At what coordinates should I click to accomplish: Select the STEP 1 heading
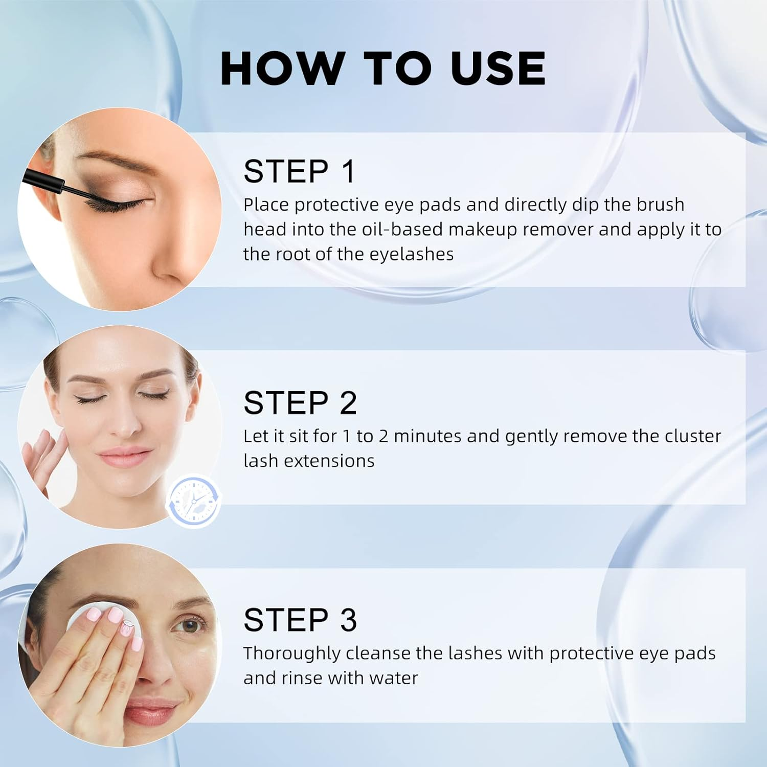click(299, 171)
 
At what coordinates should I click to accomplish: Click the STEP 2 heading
click(300, 403)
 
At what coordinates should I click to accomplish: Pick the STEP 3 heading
click(300, 620)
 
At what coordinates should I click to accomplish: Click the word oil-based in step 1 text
click(402, 230)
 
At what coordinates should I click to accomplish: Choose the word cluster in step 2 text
click(692, 436)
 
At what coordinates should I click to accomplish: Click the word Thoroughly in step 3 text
click(291, 653)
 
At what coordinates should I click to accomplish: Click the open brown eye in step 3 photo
click(191, 625)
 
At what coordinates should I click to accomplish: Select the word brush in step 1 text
click(660, 205)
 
